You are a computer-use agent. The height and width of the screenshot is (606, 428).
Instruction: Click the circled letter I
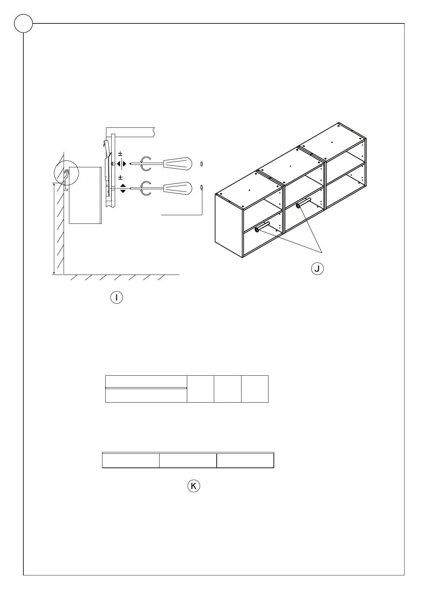[117, 298]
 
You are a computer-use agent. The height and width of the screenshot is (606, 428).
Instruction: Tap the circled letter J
[317, 268]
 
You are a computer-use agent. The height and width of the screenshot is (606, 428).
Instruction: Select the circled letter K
[194, 486]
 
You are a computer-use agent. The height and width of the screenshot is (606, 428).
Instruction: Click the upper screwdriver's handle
[178, 163]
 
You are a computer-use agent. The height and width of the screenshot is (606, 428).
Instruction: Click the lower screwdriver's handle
[178, 188]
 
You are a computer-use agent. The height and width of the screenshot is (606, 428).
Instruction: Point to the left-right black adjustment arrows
[122, 164]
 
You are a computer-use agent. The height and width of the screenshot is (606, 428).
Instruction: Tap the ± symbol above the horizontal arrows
[120, 154]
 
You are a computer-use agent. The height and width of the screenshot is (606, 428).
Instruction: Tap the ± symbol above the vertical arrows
[120, 178]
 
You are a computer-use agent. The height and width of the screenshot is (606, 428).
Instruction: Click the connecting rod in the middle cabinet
[304, 203]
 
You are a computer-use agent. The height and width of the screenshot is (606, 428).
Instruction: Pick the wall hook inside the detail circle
[66, 176]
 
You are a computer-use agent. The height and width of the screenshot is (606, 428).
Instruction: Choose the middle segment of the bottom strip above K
[188, 461]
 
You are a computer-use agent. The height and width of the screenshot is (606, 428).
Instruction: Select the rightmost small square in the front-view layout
[255, 389]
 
